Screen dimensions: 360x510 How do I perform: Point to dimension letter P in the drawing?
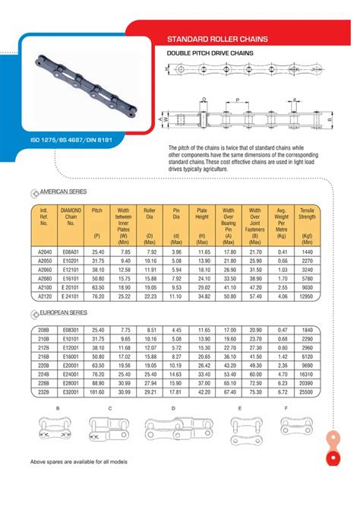[238, 100]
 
